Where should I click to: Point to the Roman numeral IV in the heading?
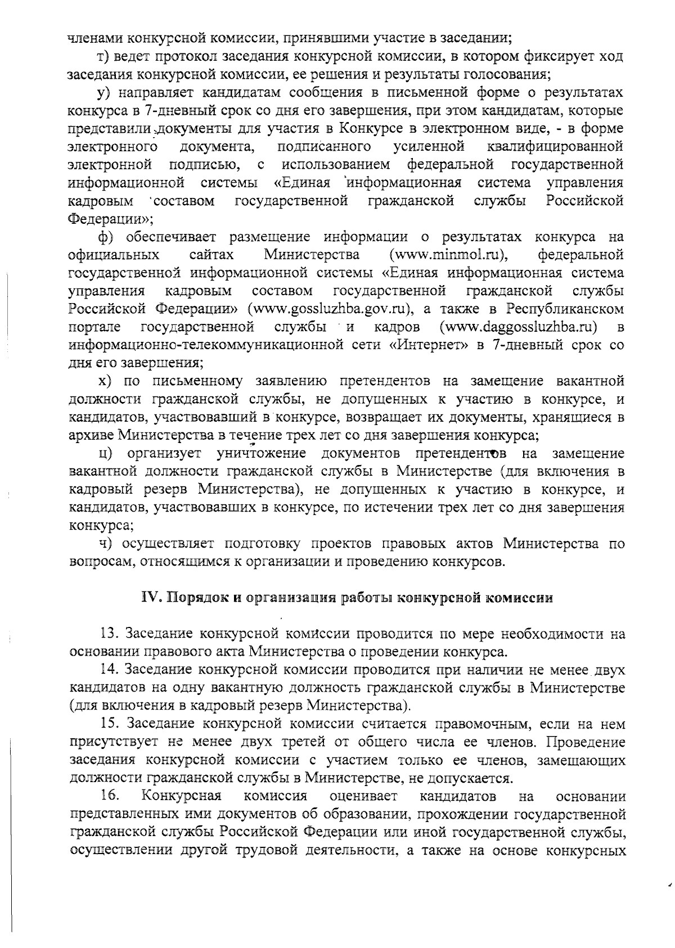tap(148, 598)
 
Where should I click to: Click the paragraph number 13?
tap(110, 634)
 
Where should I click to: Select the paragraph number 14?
tap(110, 670)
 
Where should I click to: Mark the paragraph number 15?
tap(110, 724)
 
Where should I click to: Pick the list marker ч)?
tap(105, 544)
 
